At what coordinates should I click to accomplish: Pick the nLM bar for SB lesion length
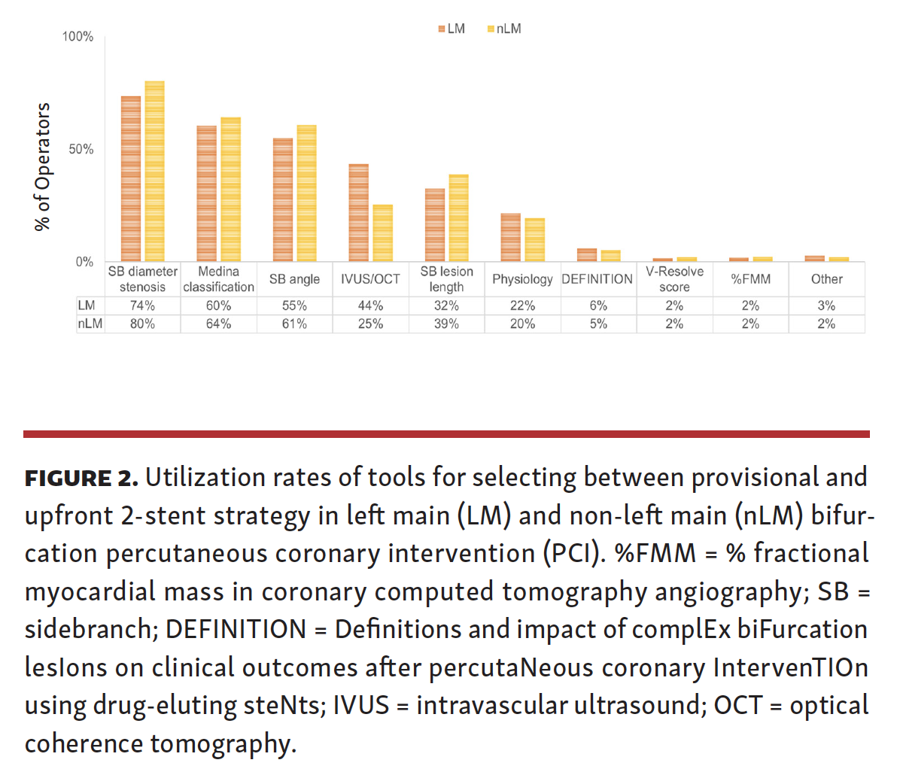tap(458, 218)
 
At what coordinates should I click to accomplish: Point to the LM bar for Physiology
tap(511, 238)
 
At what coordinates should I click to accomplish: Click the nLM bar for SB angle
tap(306, 193)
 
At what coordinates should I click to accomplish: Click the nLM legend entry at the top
tap(505, 29)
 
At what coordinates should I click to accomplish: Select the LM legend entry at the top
tap(452, 29)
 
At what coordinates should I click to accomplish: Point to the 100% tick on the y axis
tap(78, 37)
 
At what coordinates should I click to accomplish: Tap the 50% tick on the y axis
tap(81, 149)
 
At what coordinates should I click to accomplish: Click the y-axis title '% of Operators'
tap(43, 166)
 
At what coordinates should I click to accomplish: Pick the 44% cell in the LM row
tap(370, 305)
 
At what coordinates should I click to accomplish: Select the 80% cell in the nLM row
tap(142, 324)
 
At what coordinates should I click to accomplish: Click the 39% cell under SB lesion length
tap(446, 324)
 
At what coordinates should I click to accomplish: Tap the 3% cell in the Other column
tap(826, 305)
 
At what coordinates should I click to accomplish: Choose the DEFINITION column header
tap(597, 279)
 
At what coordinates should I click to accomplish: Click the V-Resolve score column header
tap(674, 279)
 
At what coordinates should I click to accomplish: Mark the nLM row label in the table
tap(90, 324)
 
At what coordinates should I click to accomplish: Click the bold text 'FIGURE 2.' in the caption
tap(81, 478)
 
